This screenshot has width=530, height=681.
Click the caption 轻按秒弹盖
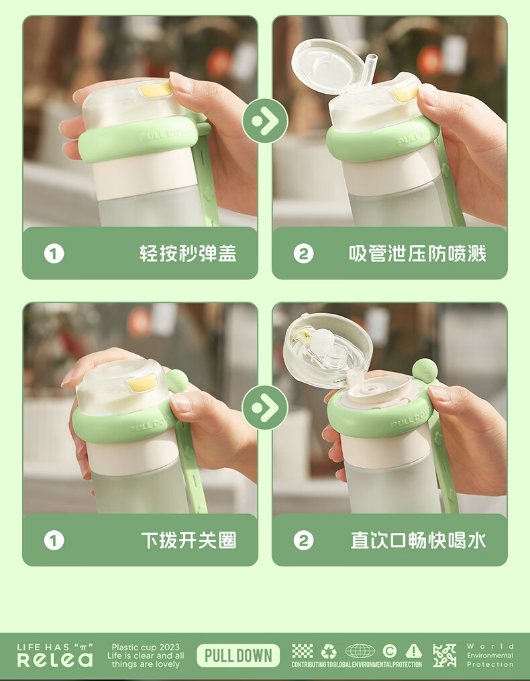[x=188, y=253]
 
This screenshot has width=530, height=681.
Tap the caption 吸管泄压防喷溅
[x=417, y=253]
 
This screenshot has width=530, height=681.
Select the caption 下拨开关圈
[x=189, y=541]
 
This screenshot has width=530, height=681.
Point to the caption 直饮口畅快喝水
[x=418, y=541]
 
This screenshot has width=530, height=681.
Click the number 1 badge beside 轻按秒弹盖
[x=54, y=253]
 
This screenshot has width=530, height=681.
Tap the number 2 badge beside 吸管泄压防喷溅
[x=303, y=253]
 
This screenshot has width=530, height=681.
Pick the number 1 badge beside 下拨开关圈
[x=54, y=541]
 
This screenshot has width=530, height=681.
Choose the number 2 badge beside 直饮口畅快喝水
[x=303, y=541]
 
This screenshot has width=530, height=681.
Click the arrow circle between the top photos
[x=265, y=120]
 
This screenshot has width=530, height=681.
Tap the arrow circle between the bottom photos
[x=265, y=408]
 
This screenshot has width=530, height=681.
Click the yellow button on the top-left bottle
[x=155, y=89]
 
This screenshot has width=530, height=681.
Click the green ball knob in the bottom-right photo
[x=425, y=371]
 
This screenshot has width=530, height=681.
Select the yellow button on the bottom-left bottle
[x=142, y=383]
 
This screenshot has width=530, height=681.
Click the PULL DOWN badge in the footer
[x=238, y=656]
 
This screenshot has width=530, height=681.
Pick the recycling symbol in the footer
[x=329, y=652]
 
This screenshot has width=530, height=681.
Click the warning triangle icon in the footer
[x=413, y=652]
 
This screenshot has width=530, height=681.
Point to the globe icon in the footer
[x=360, y=652]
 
